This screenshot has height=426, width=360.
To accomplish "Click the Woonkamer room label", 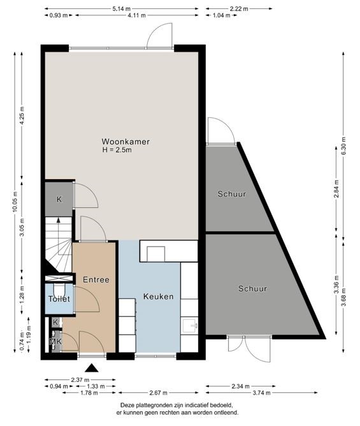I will pos(126,142).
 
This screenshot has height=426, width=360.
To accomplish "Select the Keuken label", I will pos(159,296).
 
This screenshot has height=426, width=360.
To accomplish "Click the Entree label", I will pos(96,279).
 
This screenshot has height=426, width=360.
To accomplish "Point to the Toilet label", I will pos(59,298).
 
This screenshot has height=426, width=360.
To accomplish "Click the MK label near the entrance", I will pos(56,342).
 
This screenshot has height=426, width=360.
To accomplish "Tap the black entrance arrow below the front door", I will pos(92,368).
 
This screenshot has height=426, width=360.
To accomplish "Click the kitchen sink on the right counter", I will pos(189,326).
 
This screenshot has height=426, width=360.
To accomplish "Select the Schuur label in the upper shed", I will pos(231,194).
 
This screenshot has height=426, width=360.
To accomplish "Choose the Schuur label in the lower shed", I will pos(253,289).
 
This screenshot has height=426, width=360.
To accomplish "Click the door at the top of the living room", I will pos(160,37).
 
